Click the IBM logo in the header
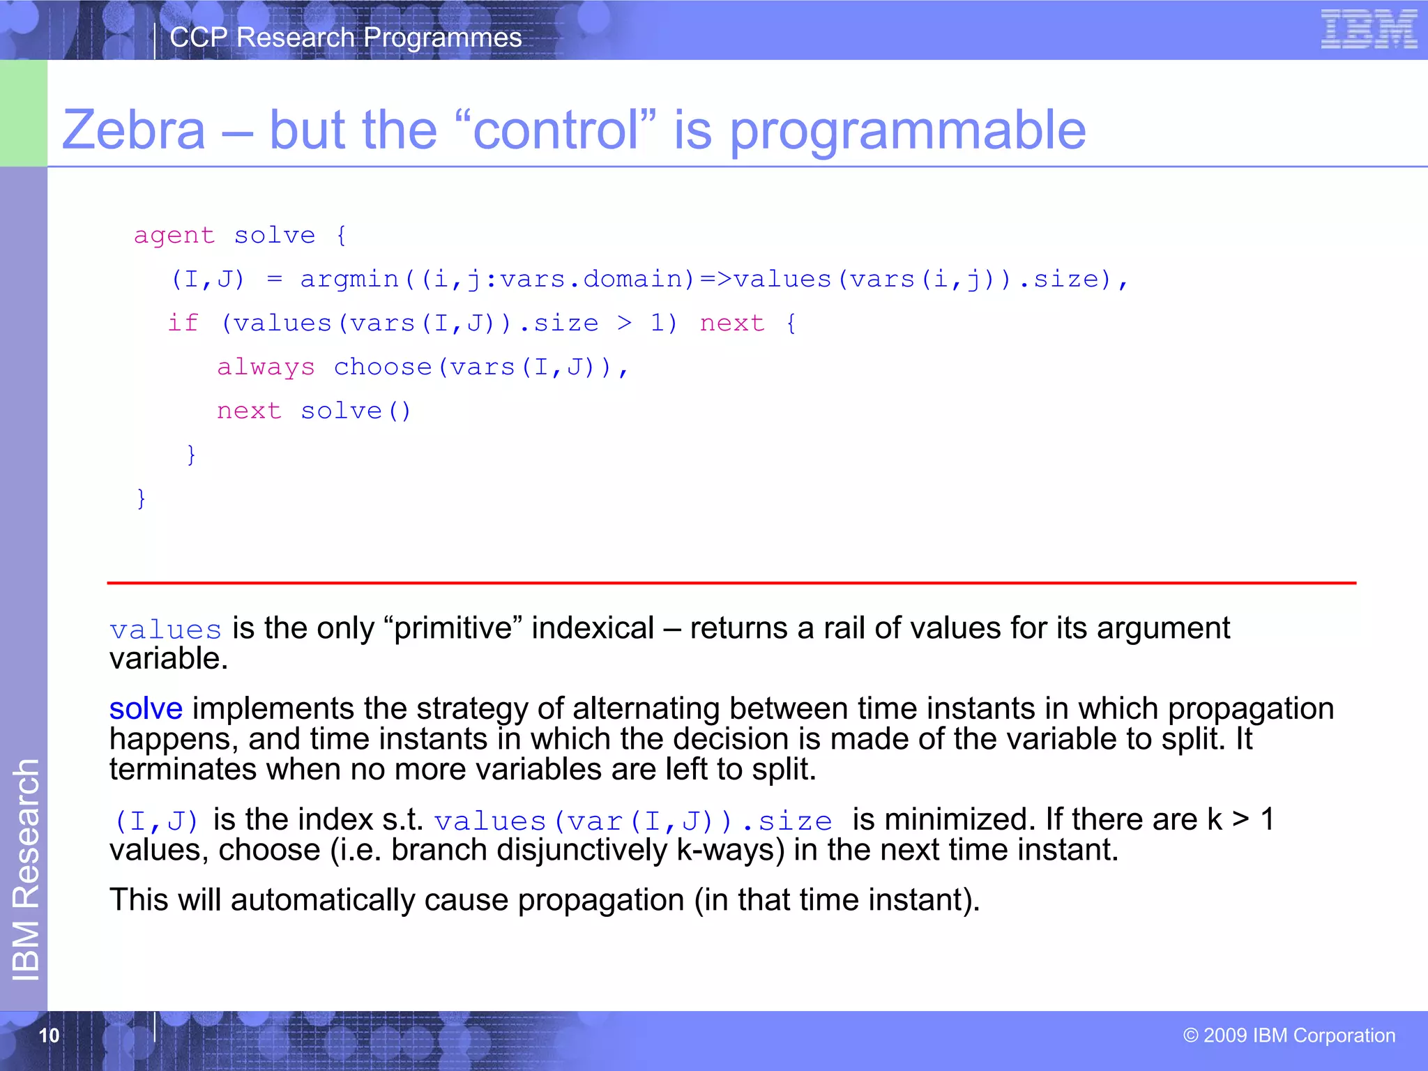(1368, 29)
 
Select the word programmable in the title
(907, 131)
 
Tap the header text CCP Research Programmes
(345, 38)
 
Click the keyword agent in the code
(174, 236)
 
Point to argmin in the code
(349, 280)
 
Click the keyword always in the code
(266, 367)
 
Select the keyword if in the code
(183, 324)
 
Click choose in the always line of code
(382, 367)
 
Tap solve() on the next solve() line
(356, 411)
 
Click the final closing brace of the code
(142, 498)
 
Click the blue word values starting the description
(165, 630)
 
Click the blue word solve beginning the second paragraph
(146, 709)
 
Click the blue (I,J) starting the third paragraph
(156, 821)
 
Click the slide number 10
(49, 1035)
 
